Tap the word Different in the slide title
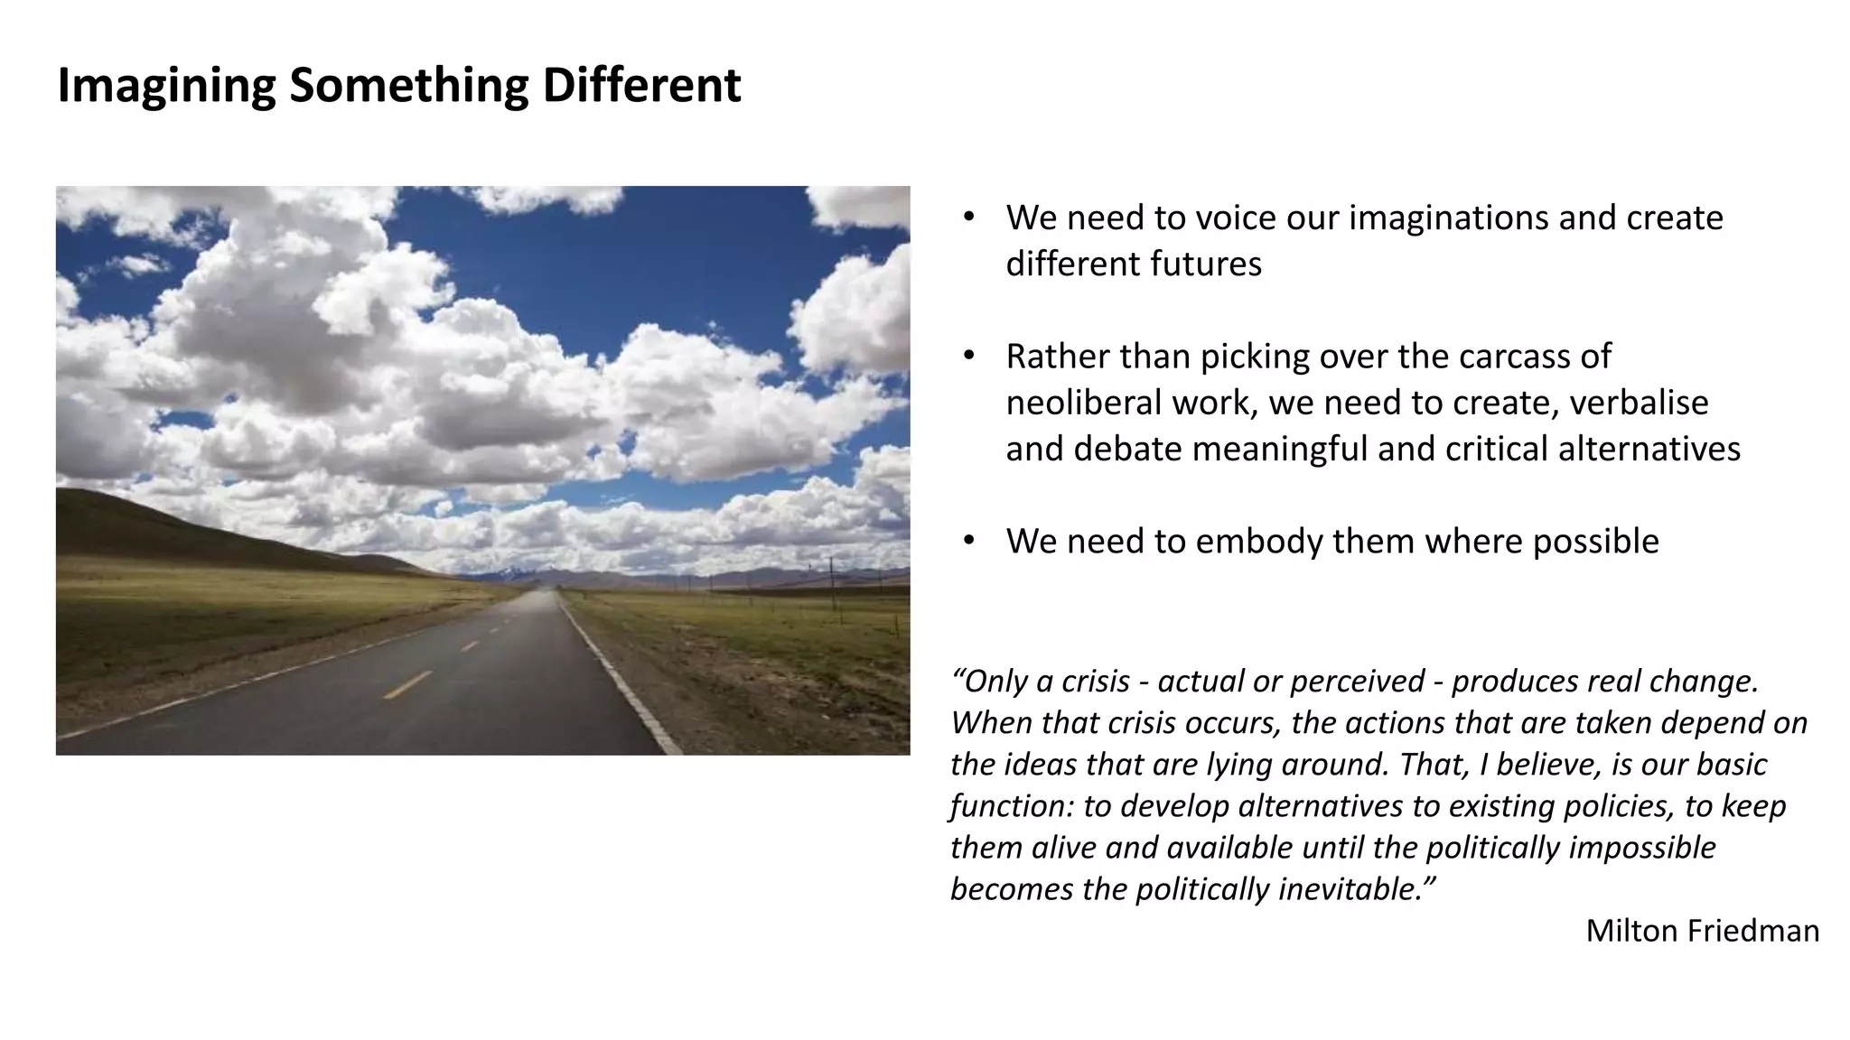tap(641, 85)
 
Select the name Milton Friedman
tap(1702, 931)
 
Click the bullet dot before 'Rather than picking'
tap(968, 356)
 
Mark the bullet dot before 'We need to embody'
tap(968, 541)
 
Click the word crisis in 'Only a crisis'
tap(1096, 681)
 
